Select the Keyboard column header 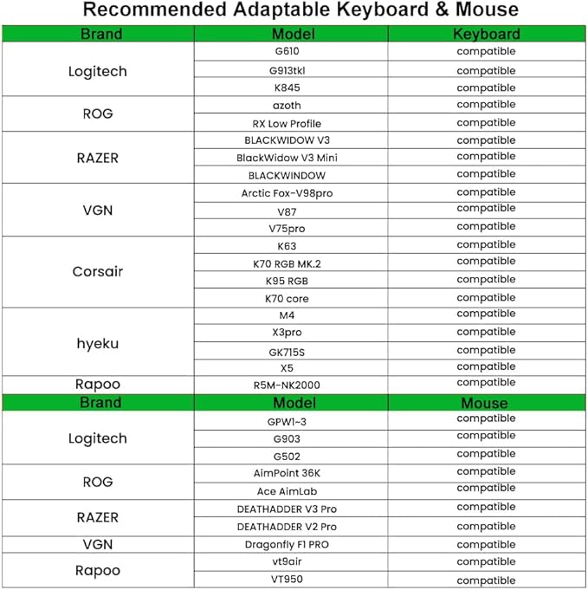(x=486, y=35)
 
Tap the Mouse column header (x=484, y=403)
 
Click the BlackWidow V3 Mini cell (x=287, y=158)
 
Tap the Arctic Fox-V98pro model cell (x=287, y=193)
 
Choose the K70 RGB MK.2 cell (x=287, y=263)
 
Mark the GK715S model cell (x=287, y=352)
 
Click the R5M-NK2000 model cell (x=287, y=385)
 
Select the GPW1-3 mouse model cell (x=287, y=421)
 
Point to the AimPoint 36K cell (x=287, y=474)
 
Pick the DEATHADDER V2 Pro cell (x=287, y=527)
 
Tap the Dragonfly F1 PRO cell (x=287, y=545)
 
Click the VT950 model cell (x=287, y=579)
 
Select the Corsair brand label (x=97, y=271)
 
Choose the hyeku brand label (x=97, y=343)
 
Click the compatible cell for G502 (x=486, y=454)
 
